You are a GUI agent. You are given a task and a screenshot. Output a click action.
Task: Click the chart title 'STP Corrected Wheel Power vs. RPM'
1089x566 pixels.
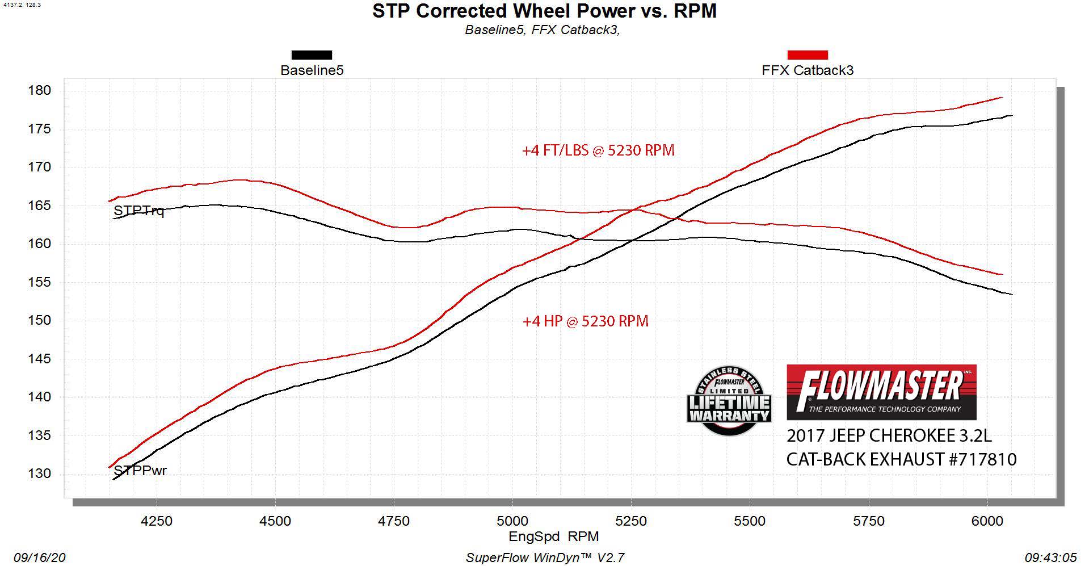point(544,11)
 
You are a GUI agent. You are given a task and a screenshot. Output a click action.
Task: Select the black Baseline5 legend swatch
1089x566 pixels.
point(312,55)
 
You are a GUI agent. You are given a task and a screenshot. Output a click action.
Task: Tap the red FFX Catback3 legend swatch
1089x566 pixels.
point(807,55)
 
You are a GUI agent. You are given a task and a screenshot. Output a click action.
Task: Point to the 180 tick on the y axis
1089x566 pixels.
point(39,90)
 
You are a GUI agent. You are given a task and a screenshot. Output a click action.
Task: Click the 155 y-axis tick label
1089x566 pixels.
point(39,282)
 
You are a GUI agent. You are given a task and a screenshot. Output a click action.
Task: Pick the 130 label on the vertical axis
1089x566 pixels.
point(39,473)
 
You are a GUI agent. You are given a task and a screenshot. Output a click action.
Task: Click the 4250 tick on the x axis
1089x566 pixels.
point(156,521)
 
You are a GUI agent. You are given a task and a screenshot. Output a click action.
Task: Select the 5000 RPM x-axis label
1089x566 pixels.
point(512,521)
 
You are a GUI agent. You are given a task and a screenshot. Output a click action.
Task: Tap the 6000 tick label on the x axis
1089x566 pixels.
point(987,521)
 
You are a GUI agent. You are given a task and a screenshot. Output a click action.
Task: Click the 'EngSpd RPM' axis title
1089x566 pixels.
point(553,536)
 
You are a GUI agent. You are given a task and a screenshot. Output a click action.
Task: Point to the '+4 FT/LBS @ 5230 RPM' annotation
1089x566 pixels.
point(598,150)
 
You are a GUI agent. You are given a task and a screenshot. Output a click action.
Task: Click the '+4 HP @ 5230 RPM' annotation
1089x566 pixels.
point(585,321)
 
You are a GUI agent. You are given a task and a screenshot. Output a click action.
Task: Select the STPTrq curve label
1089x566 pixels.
point(138,211)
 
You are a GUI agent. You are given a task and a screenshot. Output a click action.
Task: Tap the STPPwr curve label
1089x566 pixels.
point(140,471)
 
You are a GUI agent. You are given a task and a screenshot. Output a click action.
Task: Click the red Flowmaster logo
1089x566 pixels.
point(881,392)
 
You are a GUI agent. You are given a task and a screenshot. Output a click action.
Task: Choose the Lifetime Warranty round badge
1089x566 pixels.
point(729,401)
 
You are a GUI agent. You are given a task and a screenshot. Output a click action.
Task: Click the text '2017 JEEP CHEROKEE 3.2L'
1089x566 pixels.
point(889,435)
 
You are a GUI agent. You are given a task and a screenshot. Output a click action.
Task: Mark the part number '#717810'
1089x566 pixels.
point(982,459)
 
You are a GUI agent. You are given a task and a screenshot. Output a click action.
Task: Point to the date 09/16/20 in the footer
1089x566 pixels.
point(40,558)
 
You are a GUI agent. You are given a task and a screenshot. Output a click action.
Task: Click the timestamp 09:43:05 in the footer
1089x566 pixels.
point(1050,558)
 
